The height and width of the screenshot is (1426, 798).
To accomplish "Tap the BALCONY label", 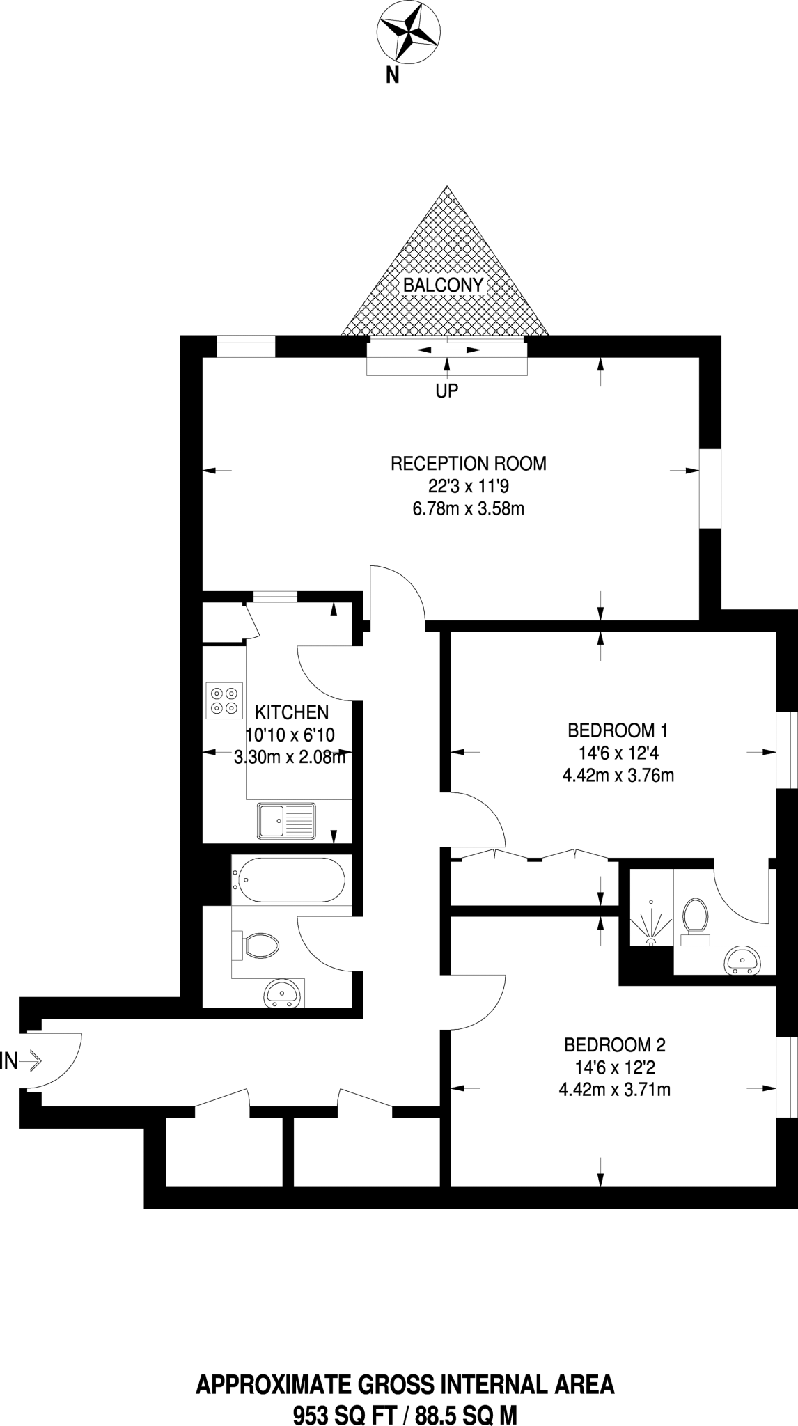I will point(443,285).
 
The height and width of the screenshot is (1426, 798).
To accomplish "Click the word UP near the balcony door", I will point(447,391).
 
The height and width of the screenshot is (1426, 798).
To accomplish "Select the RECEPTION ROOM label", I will point(468,464).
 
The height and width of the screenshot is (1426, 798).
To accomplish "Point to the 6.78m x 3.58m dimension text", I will point(468,508).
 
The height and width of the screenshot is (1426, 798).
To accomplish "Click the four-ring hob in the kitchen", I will point(224,700).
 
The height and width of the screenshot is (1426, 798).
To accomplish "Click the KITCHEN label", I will point(292,712).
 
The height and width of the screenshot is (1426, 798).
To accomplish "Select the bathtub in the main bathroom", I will point(289,881).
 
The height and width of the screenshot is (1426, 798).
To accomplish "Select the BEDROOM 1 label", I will point(618,730).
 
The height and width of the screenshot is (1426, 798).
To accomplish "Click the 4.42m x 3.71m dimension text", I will point(614,1090).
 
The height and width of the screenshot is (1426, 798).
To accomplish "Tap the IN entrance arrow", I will point(21,1061).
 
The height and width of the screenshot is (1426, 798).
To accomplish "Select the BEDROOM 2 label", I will point(614,1044).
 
